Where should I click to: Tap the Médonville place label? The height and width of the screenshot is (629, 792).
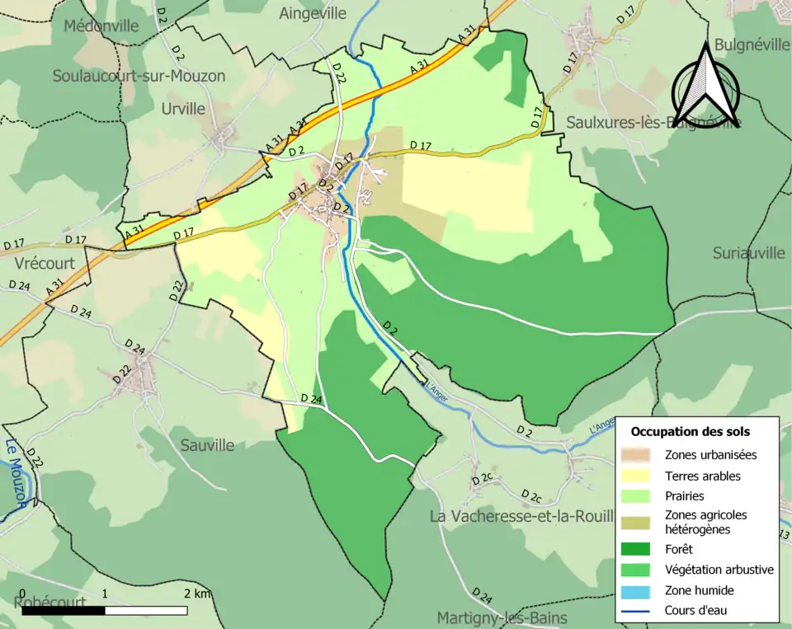101,26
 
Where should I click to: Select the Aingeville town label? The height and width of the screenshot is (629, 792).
313,13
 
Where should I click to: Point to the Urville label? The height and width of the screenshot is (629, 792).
183,109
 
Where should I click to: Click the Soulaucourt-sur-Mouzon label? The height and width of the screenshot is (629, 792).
139,76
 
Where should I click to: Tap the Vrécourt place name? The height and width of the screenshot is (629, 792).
45,263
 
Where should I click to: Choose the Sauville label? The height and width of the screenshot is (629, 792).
207,445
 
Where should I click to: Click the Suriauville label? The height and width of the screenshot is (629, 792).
749,253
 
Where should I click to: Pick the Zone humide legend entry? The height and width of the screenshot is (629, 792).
699,590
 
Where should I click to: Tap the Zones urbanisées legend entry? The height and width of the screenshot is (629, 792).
709,454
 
